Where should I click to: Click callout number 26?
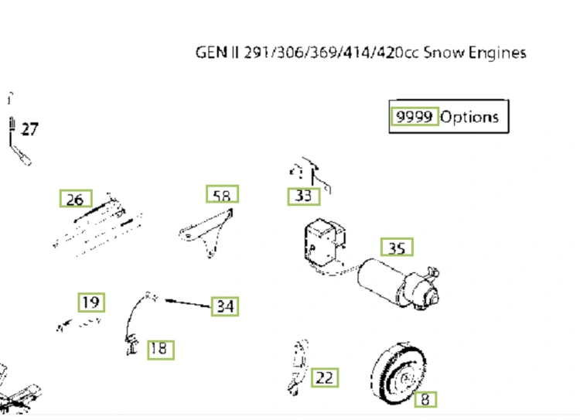point(76,198)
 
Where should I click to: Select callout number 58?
point(222,194)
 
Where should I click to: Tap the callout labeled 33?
point(304,196)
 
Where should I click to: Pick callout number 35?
point(397,248)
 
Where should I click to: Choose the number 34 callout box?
point(225,306)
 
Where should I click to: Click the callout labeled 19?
point(91,302)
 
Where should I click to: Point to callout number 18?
point(161,350)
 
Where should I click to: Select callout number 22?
point(325,377)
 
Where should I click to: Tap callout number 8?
point(425,399)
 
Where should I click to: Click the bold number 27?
point(29,129)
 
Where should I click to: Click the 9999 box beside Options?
point(415,116)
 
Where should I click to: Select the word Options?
point(469,117)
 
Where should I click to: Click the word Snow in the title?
point(444,52)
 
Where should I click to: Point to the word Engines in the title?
point(497,53)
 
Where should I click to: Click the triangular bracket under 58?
point(207,233)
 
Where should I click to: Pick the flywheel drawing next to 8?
point(398,374)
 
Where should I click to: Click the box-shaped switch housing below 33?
point(324,242)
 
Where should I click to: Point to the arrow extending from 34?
point(188,303)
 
